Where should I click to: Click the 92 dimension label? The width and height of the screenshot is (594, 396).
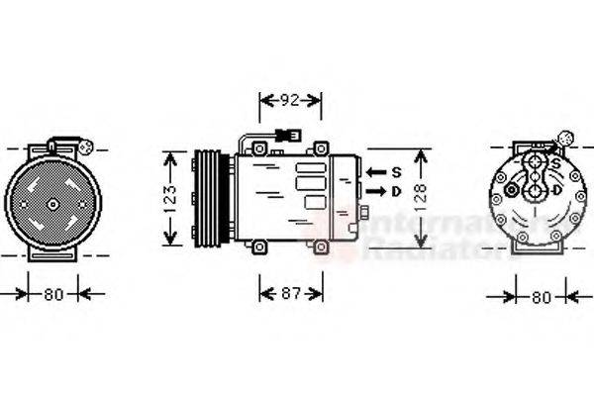289,99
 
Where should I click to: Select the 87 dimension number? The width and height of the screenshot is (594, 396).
290,293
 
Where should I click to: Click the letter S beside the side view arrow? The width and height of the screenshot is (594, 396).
395,172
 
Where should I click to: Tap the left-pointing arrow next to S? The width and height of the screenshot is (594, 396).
375,172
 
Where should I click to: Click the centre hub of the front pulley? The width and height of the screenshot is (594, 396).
53,205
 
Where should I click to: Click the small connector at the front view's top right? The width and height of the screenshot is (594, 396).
86,149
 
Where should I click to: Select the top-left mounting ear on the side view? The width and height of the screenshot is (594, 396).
259,149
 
